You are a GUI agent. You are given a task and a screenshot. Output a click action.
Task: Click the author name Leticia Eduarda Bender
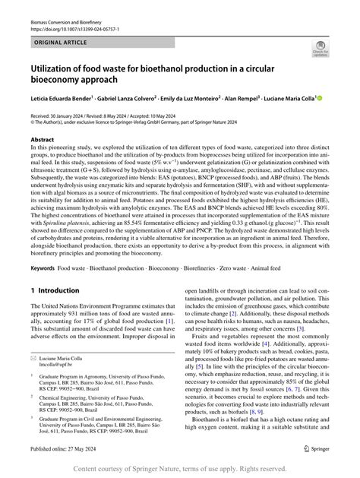click(x=61, y=98)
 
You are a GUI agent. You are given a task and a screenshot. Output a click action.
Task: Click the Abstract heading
click(x=42, y=141)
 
